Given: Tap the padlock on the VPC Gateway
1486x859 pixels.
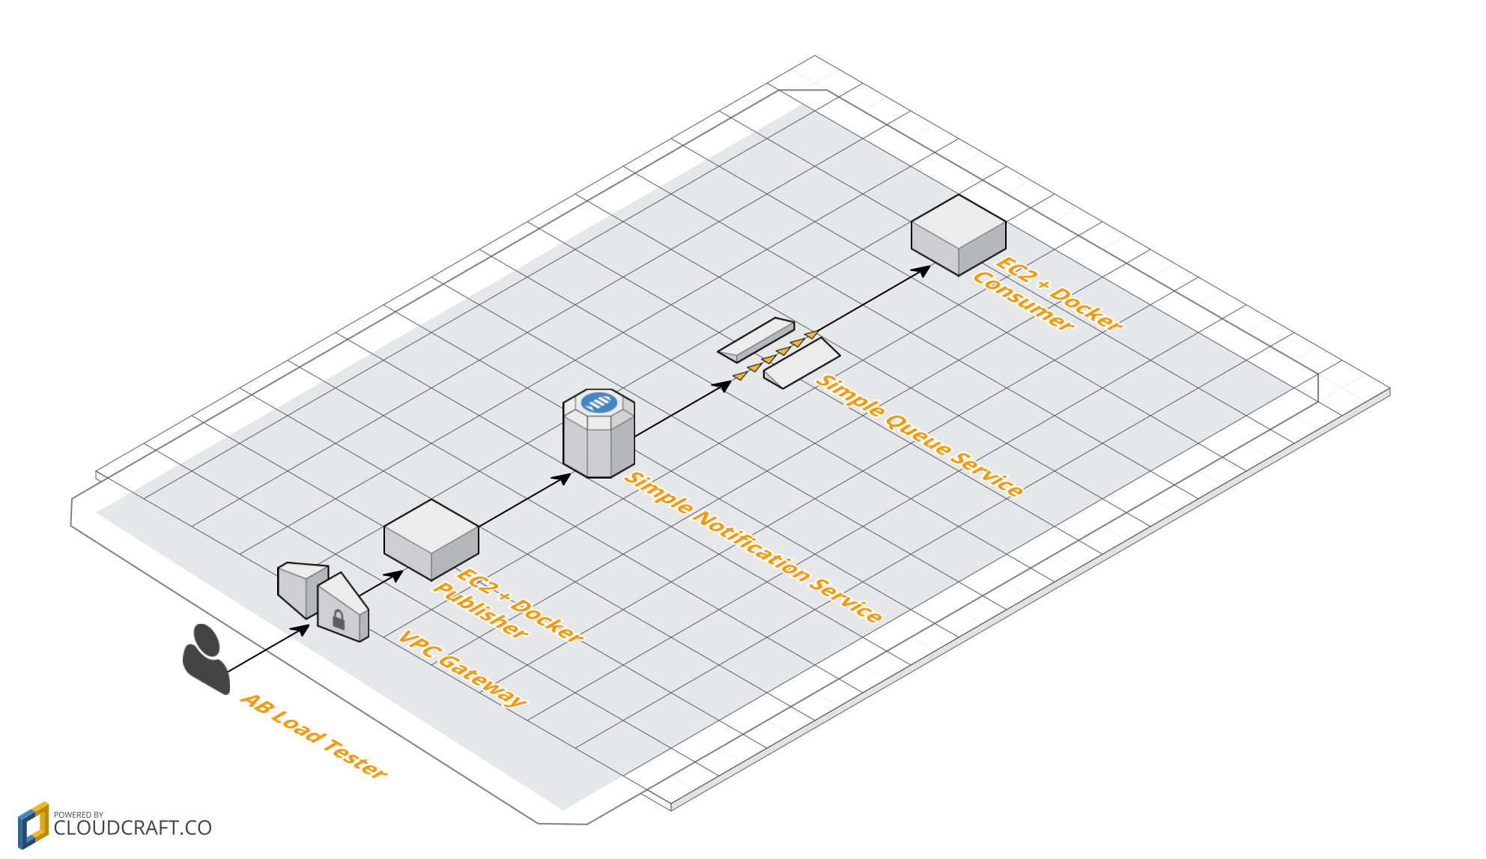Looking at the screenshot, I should pos(339,619).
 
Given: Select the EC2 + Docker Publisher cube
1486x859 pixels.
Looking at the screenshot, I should pos(431,539).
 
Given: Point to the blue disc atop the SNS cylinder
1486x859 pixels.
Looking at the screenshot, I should pos(599,403).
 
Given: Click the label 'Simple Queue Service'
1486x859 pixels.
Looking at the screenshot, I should pos(919,435).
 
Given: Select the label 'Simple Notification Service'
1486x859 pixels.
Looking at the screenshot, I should pos(753,547).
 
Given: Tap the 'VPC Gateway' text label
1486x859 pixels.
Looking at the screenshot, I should pos(462,669).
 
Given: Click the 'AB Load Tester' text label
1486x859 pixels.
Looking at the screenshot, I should pos(314,735).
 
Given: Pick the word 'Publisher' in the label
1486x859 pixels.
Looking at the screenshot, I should pos(480,611).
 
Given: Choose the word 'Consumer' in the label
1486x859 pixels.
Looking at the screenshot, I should pos(1023,301).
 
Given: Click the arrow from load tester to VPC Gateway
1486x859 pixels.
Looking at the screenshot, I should pos(268,649).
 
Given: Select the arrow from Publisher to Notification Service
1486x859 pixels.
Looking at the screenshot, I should pos(524,500).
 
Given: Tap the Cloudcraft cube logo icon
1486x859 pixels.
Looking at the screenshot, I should pos(33,825).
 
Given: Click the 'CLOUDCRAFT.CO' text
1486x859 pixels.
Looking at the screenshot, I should pos(133,828).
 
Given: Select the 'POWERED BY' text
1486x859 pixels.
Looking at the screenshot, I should pos(79,814).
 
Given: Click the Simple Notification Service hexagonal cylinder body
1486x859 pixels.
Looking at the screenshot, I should pos(599,446).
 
